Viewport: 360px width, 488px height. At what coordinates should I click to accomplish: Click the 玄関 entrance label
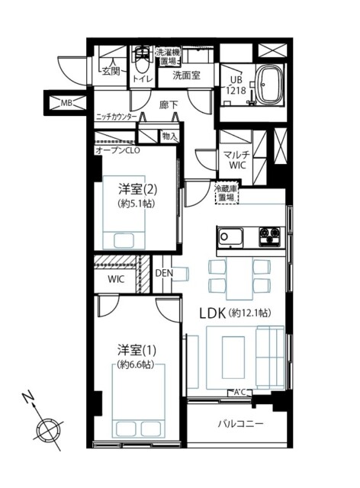[111, 72]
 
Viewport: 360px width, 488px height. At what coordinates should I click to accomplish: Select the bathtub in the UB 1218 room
[269, 85]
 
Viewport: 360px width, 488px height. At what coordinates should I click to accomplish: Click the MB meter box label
[66, 103]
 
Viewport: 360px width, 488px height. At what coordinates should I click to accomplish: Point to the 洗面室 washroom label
[187, 75]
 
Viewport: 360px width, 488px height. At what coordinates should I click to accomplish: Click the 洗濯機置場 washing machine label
[168, 56]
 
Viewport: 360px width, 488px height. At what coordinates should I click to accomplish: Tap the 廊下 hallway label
[169, 106]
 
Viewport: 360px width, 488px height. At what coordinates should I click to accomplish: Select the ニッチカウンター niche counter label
[116, 117]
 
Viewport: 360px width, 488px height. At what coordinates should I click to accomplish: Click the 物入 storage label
[169, 136]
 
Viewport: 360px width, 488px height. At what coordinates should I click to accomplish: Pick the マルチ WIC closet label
[237, 159]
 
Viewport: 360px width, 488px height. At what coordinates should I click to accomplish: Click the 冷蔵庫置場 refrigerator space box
[226, 193]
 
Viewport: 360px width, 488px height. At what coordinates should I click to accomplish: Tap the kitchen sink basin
[230, 237]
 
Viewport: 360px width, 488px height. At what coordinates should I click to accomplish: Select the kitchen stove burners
[269, 237]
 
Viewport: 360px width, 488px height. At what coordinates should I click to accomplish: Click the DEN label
[164, 273]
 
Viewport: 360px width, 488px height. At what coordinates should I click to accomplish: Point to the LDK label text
[212, 314]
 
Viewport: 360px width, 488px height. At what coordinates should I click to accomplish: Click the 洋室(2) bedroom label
[137, 190]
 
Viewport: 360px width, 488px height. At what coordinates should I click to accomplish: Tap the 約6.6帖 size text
[136, 364]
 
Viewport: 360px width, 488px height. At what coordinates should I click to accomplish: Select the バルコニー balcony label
[240, 424]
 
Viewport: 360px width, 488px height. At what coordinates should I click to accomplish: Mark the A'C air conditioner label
[239, 393]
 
